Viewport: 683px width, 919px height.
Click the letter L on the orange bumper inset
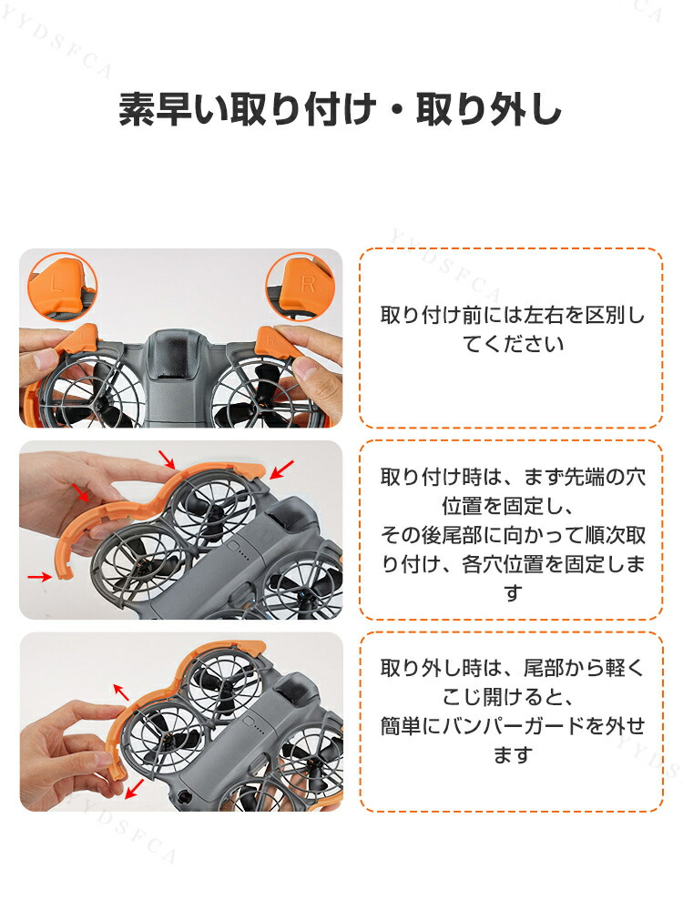point(56,284)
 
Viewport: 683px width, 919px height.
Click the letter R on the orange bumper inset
point(308,284)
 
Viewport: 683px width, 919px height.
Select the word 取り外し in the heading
point(488,109)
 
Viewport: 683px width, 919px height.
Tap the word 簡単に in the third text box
point(411,726)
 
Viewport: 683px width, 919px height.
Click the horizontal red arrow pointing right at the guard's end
point(39,577)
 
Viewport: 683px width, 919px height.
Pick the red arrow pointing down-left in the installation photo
point(281,469)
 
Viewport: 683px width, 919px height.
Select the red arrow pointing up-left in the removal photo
point(121,692)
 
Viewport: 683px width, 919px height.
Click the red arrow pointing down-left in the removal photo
point(135,789)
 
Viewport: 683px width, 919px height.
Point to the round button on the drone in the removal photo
point(183,798)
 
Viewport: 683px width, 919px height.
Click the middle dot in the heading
point(396,109)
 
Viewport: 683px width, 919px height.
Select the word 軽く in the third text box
point(626,668)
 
